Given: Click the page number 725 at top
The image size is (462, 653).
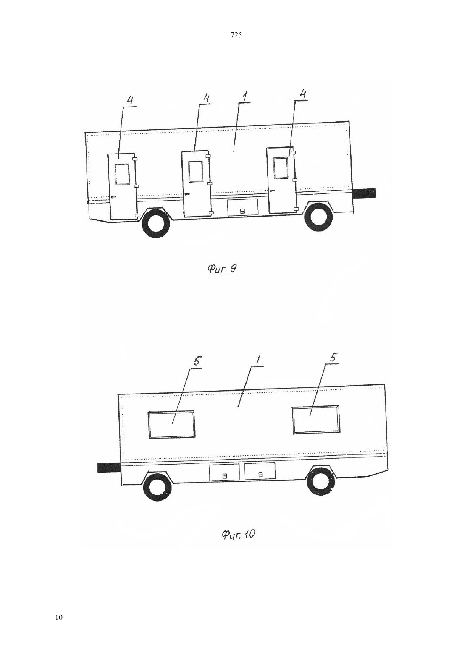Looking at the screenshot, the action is tap(236, 35).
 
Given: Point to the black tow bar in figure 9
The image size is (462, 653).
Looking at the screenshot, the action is tap(364, 193).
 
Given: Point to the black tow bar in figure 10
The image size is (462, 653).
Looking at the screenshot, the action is tap(109, 468).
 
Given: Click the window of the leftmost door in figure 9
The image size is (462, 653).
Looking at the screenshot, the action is tap(122, 174).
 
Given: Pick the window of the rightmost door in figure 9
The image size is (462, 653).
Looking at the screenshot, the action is tap(280, 167).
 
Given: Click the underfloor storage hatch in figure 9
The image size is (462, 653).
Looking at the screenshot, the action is tap(242, 207).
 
